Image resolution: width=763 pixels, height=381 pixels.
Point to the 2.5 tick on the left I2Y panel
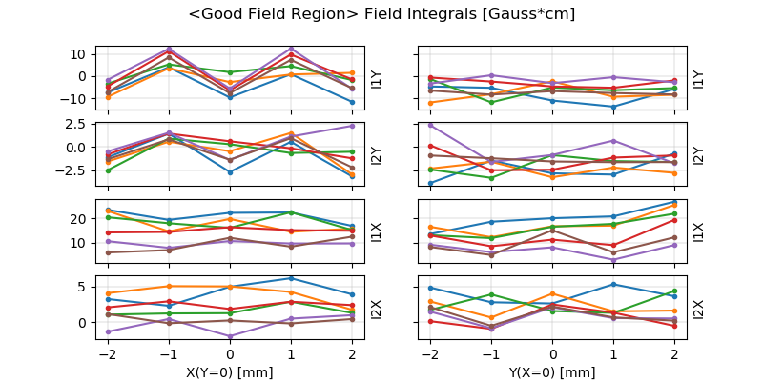[x=76, y=124]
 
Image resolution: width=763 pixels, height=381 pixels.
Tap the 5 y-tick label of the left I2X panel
[x=84, y=287]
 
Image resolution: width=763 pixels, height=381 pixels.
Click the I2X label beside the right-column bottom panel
[x=698, y=310]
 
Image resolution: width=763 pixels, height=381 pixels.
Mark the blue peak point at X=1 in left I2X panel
[x=292, y=278]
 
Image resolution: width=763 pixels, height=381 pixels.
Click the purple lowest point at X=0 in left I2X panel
[x=230, y=336]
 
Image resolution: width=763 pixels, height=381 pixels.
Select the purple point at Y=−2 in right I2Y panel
[x=430, y=125]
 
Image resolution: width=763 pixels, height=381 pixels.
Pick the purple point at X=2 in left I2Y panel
[x=353, y=126]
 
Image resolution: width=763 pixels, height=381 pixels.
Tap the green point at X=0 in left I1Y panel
[x=230, y=72]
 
